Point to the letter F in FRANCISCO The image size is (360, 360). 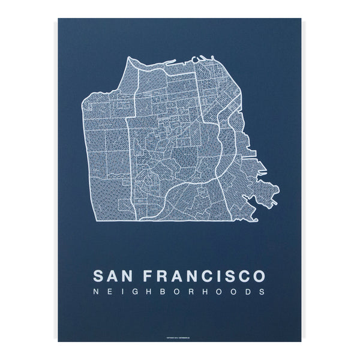[x=149, y=276]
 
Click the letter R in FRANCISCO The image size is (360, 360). [x=163, y=276]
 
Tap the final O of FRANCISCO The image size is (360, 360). [x=256, y=276]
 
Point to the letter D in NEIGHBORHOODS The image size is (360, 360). [x=247, y=293]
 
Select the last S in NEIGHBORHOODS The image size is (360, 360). [x=261, y=293]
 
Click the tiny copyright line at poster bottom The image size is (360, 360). [x=180, y=337]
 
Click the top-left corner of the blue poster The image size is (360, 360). [x=58, y=20]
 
